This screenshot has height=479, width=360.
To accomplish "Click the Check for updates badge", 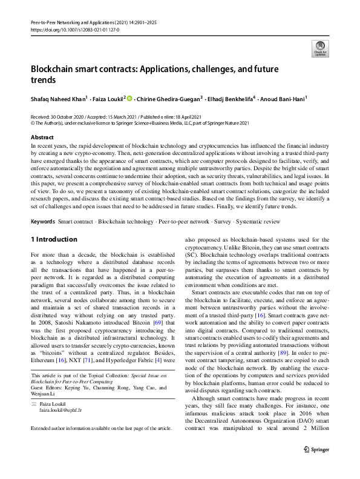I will click(319, 48).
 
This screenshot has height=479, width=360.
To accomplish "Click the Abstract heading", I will click(42, 137).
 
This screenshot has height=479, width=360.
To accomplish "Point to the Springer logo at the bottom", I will click(316, 466).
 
